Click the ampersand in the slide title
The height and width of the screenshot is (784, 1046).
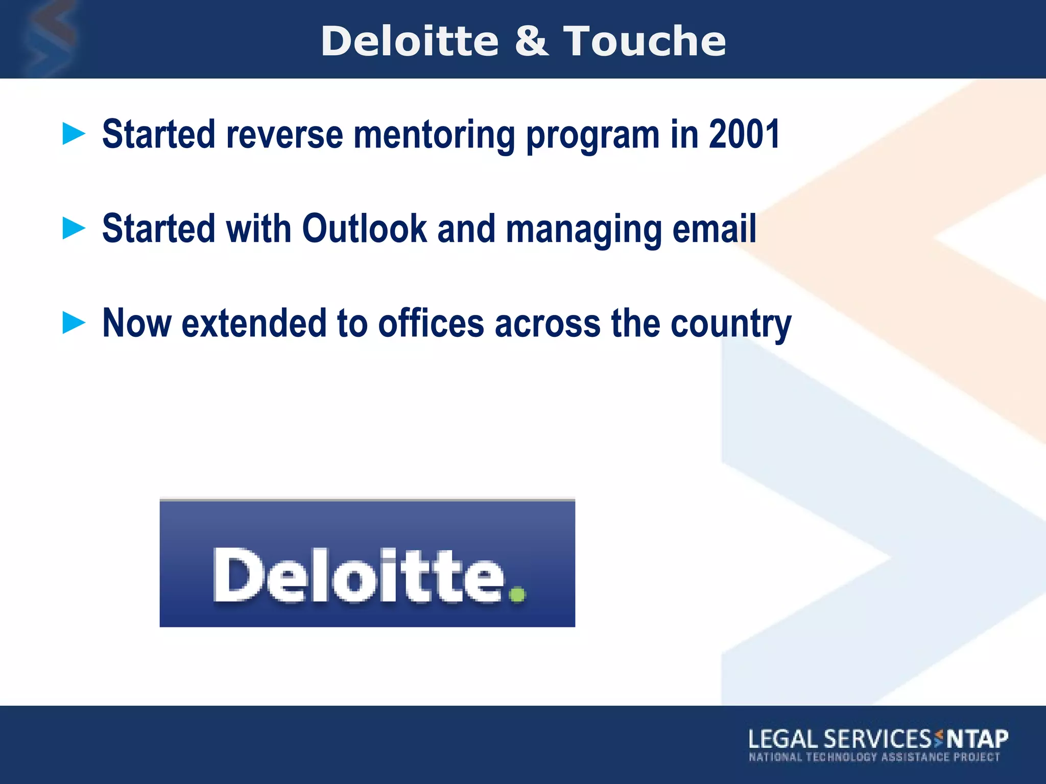pos(531,41)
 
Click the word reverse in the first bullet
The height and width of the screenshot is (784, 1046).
pos(284,135)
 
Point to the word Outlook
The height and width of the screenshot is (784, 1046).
pos(364,229)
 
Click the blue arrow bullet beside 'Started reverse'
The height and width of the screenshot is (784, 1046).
pos(74,134)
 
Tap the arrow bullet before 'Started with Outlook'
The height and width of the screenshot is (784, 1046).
pos(74,228)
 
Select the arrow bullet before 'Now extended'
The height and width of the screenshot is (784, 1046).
pos(74,323)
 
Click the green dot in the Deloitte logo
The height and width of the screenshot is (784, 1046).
pos(517,595)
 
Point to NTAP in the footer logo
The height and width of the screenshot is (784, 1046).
pos(977,739)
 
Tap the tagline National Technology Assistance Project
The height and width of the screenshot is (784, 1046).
pos(874,757)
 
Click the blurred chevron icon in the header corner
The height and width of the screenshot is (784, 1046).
pos(49,38)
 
